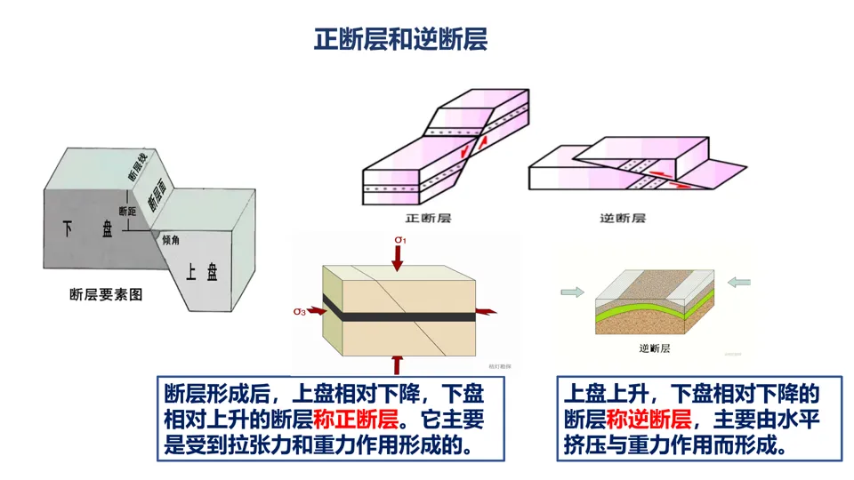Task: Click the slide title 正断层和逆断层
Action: click(400, 40)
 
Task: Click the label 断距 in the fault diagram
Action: click(128, 212)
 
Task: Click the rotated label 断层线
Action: click(135, 168)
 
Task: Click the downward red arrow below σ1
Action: click(400, 256)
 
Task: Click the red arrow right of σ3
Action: click(315, 311)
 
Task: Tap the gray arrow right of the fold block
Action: click(738, 283)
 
